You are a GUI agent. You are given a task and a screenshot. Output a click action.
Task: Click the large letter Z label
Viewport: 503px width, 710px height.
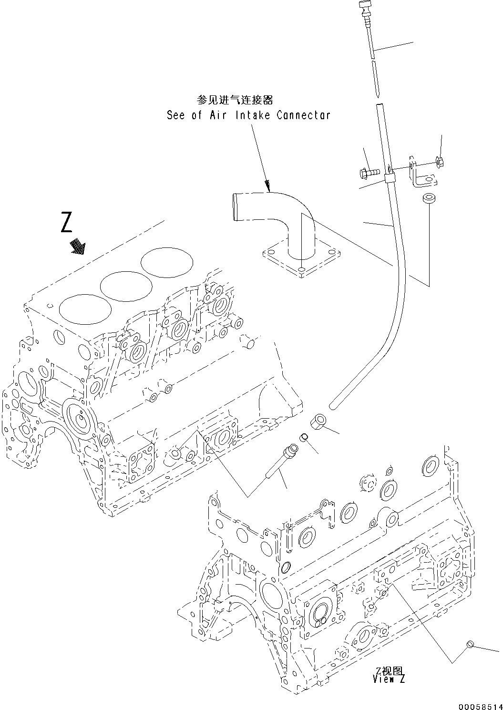pos(67,223)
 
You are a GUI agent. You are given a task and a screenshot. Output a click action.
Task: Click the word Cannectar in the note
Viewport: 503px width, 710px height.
pos(303,115)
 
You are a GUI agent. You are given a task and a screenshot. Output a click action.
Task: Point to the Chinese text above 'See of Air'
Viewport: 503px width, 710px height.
pos(235,100)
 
